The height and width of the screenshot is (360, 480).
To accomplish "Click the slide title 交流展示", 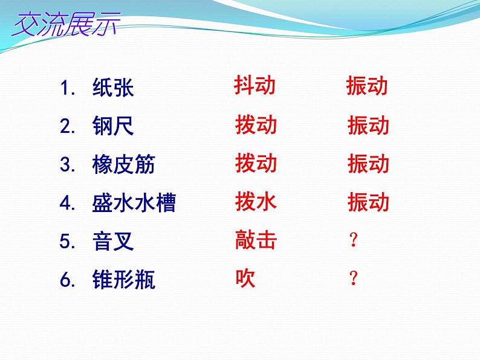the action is (66, 25).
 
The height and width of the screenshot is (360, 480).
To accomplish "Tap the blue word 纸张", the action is (113, 88).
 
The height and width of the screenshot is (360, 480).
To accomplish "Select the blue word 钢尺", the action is (113, 126).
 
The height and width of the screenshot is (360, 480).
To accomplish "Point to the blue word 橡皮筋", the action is (124, 164).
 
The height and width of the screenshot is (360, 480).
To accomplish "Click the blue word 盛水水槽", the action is (134, 202).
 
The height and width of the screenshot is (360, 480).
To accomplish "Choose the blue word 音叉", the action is (113, 242).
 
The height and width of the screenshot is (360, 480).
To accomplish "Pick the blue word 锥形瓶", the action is (124, 279).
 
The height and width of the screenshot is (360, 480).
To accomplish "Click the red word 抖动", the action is (255, 85).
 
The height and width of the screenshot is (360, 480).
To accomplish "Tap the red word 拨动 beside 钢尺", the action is (256, 125).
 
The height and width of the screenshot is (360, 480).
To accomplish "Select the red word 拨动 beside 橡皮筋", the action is (256, 163).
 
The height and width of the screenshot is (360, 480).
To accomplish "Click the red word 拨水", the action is (256, 202).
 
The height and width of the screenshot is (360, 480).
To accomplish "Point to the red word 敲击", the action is (256, 240).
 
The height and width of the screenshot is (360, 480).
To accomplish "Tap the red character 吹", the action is (245, 278).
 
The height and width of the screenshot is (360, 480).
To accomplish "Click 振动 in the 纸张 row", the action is (367, 86).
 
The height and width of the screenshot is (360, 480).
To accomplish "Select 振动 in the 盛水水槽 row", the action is (368, 202).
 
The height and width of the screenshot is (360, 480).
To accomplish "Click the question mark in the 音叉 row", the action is (354, 240).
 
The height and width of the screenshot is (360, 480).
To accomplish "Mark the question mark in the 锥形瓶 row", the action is (354, 278).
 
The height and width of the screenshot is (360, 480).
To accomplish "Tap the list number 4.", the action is (67, 203).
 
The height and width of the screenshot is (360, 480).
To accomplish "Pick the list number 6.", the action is (67, 280).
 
